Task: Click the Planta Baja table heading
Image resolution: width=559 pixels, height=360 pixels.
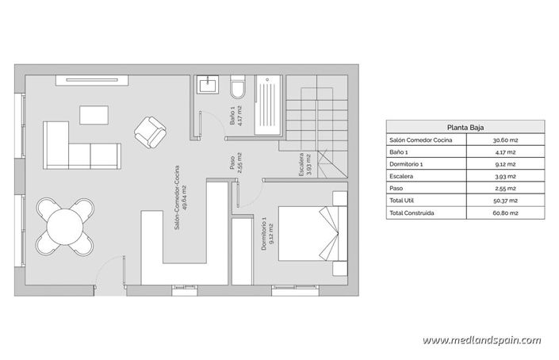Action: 465,125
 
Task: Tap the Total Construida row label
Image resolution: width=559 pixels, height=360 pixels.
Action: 412,213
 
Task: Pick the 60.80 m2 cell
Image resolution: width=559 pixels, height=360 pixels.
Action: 505,213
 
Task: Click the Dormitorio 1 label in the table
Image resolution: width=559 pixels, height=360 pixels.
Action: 408,163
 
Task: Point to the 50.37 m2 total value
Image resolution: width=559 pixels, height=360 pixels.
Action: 505,201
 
